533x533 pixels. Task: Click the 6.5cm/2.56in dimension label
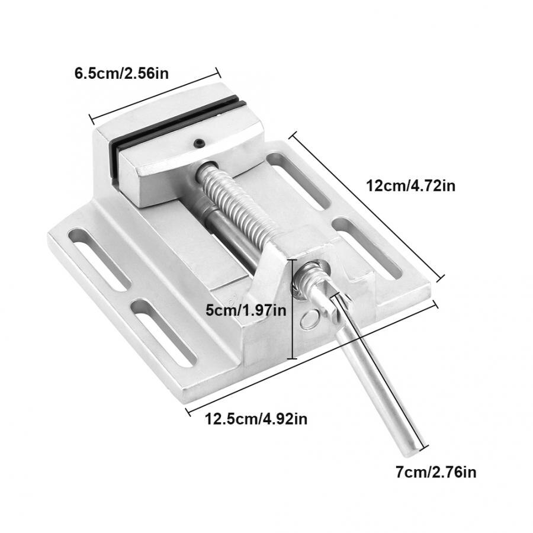tap(121, 74)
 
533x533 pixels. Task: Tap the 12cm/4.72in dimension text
tap(410, 185)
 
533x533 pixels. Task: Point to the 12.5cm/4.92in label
tap(256, 419)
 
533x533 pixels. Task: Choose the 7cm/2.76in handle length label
tap(436, 472)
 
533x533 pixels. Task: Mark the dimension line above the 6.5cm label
tap(155, 93)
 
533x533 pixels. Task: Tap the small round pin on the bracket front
tap(309, 320)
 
